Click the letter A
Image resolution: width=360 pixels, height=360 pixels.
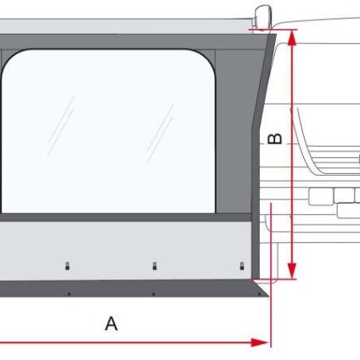pyautogui.click(x=111, y=323)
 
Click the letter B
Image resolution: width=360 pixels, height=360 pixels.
pyautogui.click(x=275, y=138)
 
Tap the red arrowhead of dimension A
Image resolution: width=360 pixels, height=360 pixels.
pyautogui.click(x=259, y=343)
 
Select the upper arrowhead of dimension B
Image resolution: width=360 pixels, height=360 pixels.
pyautogui.click(x=292, y=38)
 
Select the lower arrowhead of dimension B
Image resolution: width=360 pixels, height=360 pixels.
pyautogui.click(x=292, y=271)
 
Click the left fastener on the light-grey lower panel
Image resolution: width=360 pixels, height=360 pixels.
pyautogui.click(x=67, y=266)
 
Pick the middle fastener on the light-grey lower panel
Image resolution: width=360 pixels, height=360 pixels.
pyautogui.click(x=155, y=266)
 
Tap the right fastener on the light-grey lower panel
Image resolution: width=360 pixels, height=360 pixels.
pyautogui.click(x=242, y=266)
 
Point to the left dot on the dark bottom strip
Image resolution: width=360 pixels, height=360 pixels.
pyautogui.click(x=69, y=295)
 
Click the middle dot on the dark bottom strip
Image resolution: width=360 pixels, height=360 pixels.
pyautogui.click(x=154, y=295)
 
